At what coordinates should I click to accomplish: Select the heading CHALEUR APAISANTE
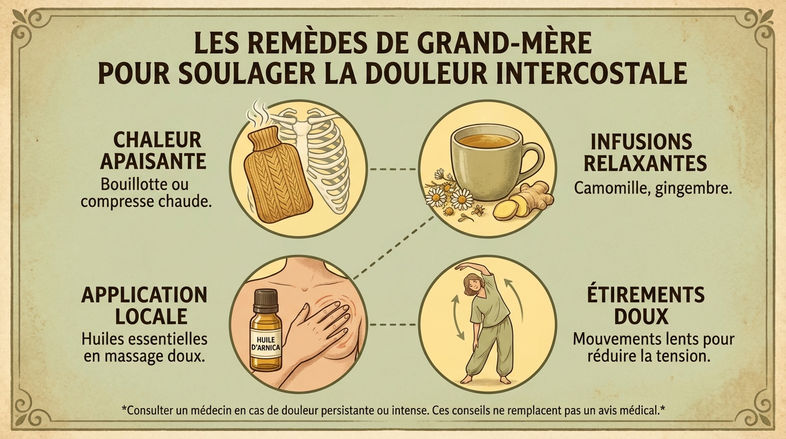pos(153,150)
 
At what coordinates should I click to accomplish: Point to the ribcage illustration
pos(323,160)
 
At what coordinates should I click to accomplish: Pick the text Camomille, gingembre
pos(652,188)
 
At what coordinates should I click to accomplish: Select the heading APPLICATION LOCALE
pos(144,305)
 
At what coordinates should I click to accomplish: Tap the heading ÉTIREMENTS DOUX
pos(645,306)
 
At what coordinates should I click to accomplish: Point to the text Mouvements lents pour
pos(653,339)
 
